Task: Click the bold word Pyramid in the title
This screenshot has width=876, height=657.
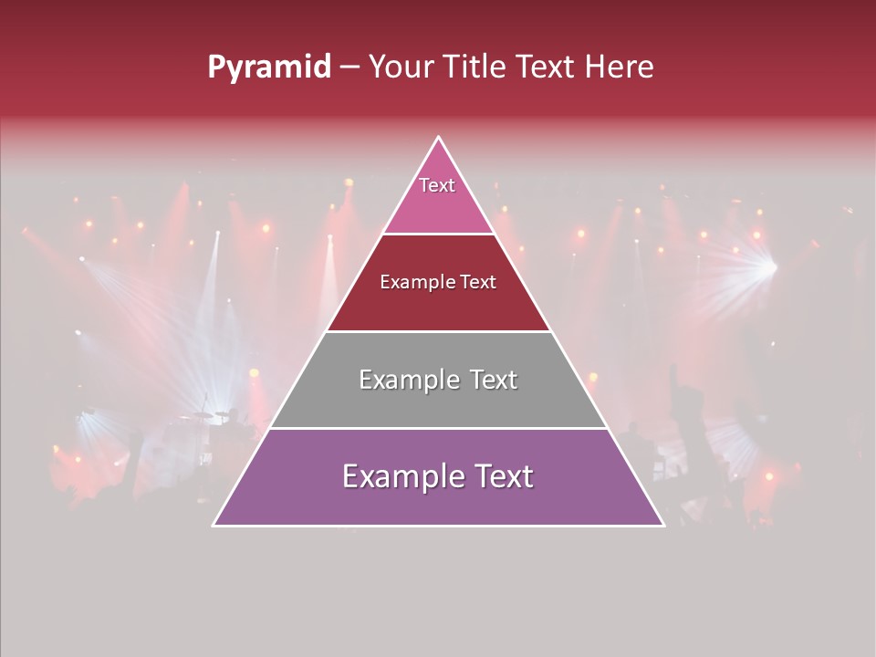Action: [269, 68]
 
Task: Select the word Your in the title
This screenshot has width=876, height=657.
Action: [402, 68]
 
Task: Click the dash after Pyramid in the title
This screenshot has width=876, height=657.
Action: [349, 68]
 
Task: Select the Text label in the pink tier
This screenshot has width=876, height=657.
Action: [437, 185]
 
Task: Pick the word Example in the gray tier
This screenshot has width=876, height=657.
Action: [410, 380]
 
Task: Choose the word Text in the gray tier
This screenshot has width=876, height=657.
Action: [493, 380]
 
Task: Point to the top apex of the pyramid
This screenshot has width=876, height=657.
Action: [439, 138]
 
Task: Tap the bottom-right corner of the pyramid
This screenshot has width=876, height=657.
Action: [663, 525]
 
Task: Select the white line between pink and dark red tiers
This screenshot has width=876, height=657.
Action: [439, 234]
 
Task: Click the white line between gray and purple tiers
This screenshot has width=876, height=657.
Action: [439, 428]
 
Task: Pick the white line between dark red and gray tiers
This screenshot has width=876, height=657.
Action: [439, 331]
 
